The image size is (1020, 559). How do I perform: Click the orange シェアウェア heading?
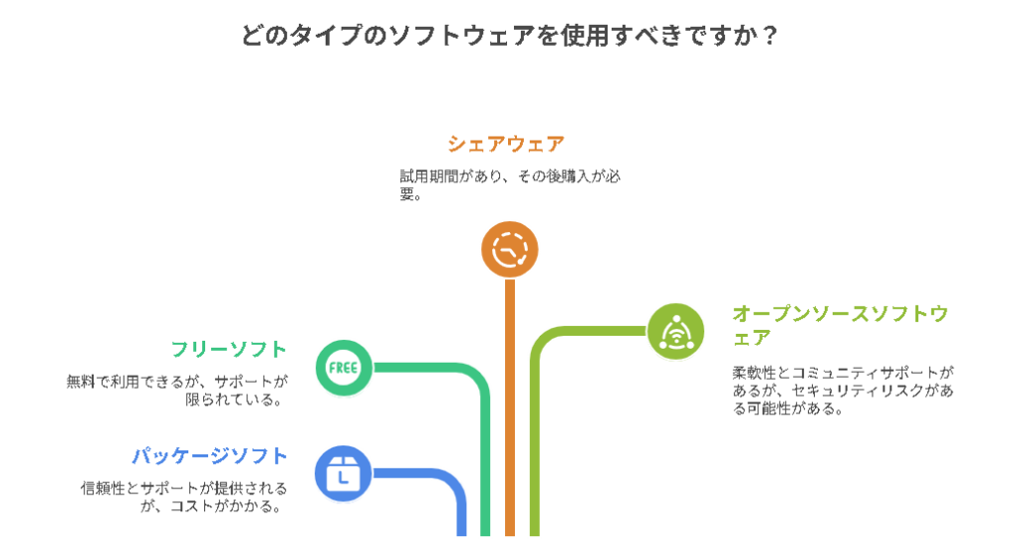point(505,143)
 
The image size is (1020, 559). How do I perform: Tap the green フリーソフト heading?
point(229,349)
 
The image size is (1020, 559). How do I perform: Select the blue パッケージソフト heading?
point(210,455)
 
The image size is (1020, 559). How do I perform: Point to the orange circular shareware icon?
point(509,248)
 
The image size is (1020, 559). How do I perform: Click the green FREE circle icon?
point(344,367)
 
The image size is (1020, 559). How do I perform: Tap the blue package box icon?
point(343,473)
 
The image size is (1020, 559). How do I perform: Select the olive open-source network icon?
point(676,330)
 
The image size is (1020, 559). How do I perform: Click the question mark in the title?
point(769,36)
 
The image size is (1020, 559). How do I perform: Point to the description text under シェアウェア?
point(510,184)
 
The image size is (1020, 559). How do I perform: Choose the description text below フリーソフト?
point(177,390)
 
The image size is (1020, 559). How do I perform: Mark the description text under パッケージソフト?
point(184,496)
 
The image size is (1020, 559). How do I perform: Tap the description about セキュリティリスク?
point(843,390)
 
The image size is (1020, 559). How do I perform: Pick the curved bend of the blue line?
point(453,484)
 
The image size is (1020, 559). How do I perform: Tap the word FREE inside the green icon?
point(344,368)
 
